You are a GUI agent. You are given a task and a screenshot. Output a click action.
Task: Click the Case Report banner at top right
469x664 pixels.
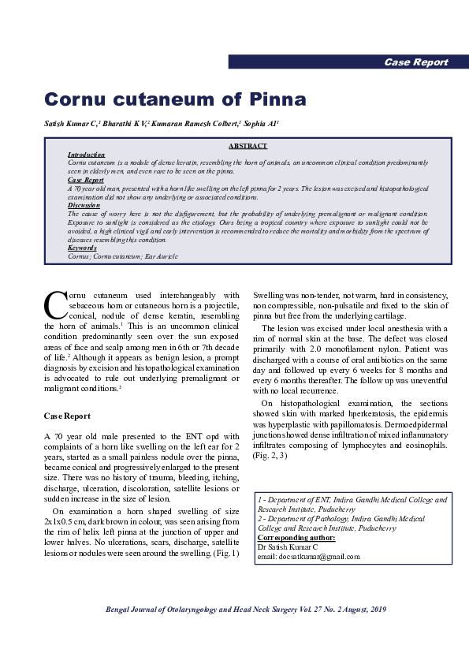point(415,62)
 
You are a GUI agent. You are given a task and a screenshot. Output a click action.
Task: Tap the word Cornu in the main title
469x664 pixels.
point(76,99)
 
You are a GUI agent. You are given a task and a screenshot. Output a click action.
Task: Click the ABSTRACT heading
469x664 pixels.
point(248,146)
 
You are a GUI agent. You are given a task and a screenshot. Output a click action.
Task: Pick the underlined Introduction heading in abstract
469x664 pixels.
point(86,155)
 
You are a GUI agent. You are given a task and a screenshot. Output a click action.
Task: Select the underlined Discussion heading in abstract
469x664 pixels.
point(84,205)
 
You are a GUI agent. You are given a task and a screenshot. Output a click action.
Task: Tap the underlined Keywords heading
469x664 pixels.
point(82,248)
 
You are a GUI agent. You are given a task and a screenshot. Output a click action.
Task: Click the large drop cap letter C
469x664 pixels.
point(55,305)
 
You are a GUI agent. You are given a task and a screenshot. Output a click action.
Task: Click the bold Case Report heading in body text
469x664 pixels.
point(67,416)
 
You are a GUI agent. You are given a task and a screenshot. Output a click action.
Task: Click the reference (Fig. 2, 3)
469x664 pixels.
point(270,455)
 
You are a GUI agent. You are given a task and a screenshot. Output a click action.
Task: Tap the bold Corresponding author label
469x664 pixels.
point(296,537)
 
